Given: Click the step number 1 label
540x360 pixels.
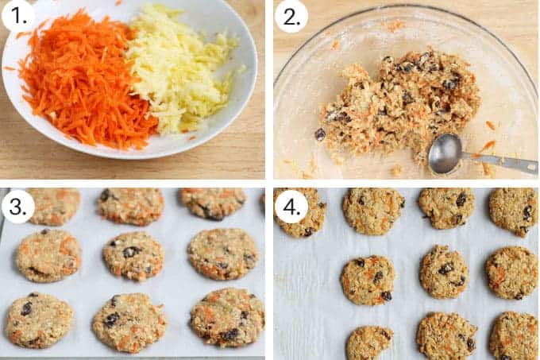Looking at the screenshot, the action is coord(18,16).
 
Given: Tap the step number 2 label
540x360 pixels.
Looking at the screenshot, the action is coord(291,17).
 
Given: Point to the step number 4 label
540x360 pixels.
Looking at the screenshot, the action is coord(291,207).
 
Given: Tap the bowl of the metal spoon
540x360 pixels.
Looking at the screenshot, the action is coord(445,153).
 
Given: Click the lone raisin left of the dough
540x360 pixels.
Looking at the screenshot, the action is coord(320,134).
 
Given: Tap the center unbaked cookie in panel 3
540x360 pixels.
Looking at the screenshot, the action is coord(133,255).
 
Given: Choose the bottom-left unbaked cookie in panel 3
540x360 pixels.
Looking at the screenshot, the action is coord(40,320).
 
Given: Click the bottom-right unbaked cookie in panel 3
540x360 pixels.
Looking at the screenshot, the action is coord(228,317).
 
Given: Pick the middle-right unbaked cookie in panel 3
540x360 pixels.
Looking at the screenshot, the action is coord(223,254).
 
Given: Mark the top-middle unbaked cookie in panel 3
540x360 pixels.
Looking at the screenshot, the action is coord(131,206).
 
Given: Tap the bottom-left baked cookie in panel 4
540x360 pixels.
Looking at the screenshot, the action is coord(370,343).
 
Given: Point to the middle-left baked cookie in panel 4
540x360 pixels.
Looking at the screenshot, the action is coord(368,280).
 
